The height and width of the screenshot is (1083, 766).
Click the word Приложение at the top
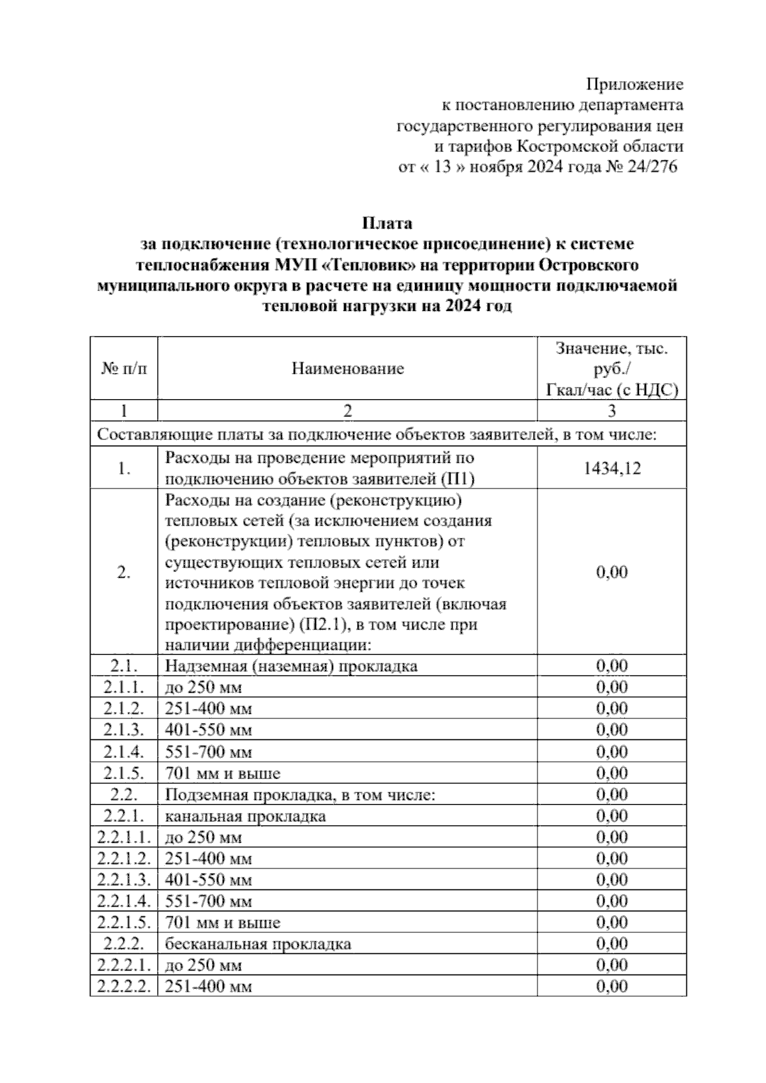pyautogui.click(x=635, y=84)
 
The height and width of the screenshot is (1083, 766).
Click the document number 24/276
pyautogui.click(x=654, y=168)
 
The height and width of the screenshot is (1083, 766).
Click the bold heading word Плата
pyautogui.click(x=387, y=223)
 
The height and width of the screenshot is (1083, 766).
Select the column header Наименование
pyautogui.click(x=348, y=369)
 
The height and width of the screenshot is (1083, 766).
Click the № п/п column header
pyautogui.click(x=124, y=369)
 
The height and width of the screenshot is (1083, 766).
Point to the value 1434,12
pyautogui.click(x=612, y=469)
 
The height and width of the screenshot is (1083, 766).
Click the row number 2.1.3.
pyautogui.click(x=124, y=730)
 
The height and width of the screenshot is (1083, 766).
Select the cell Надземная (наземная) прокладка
pyautogui.click(x=291, y=666)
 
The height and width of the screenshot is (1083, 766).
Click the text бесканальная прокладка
pyautogui.click(x=258, y=944)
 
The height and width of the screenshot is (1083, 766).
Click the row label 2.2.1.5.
pyautogui.click(x=124, y=922)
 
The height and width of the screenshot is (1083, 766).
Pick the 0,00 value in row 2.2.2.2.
pyautogui.click(x=612, y=987)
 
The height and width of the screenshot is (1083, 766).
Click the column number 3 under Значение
pyautogui.click(x=612, y=411)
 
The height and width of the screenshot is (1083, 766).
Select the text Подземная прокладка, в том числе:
pyautogui.click(x=300, y=795)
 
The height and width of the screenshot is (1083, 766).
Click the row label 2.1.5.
pyautogui.click(x=124, y=773)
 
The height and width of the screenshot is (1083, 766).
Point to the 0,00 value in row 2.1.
pyautogui.click(x=612, y=666)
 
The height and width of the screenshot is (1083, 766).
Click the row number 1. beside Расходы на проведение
pyautogui.click(x=124, y=469)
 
